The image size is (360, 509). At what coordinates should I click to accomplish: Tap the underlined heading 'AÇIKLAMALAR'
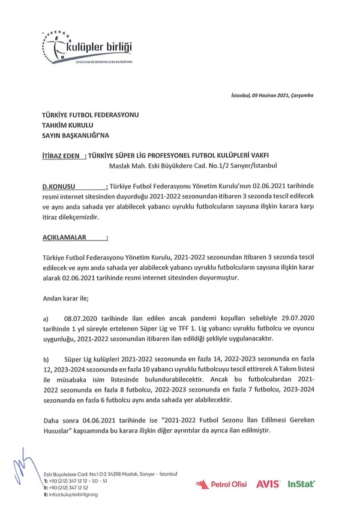click(66, 237)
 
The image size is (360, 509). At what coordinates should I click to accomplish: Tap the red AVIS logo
click(267, 483)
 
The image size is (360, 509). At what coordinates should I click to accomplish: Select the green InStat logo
click(302, 483)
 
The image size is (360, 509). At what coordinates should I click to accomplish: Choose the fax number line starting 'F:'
click(69, 487)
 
